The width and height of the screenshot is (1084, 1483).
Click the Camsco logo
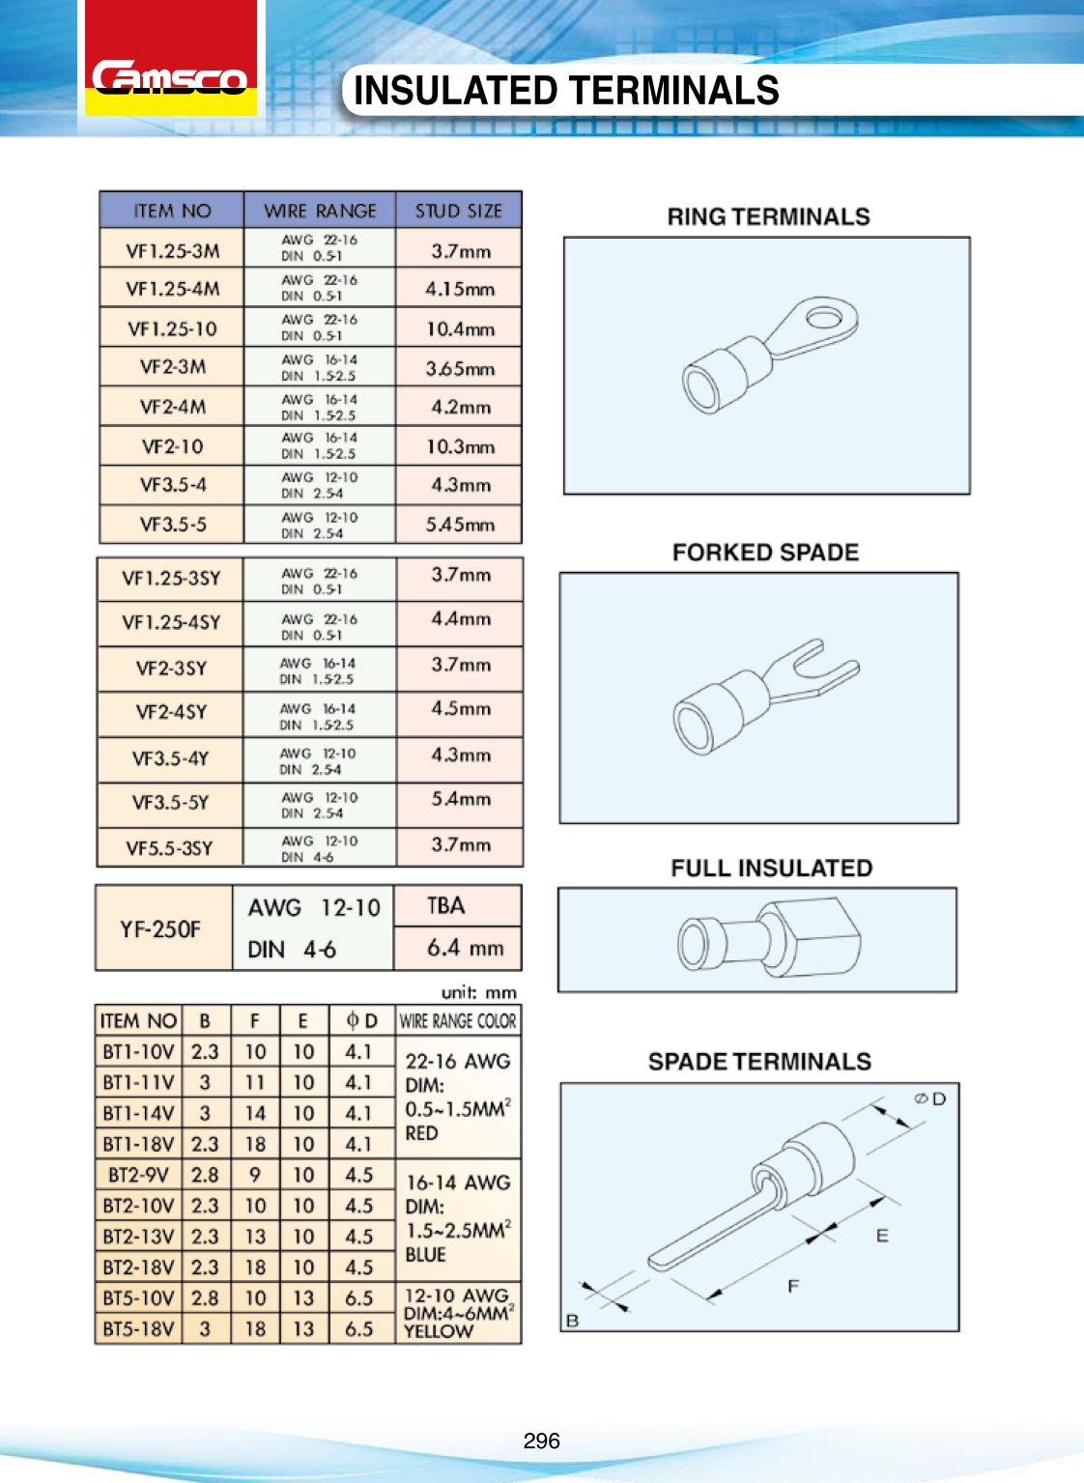click(x=170, y=77)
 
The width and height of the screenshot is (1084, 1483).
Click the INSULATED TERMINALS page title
click(x=566, y=91)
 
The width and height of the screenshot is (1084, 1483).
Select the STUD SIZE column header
click(x=459, y=211)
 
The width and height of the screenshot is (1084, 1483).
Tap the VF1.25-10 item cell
click(x=172, y=328)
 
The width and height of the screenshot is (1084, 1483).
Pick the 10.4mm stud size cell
click(x=460, y=328)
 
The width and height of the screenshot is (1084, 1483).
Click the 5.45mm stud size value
click(x=460, y=525)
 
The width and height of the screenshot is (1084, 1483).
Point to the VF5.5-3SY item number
click(x=169, y=848)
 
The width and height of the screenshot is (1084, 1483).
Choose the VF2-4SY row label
click(x=171, y=712)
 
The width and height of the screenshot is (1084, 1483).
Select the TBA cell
click(x=445, y=905)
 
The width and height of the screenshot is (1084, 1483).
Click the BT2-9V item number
click(x=138, y=1175)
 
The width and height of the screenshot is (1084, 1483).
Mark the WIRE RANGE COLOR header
click(x=458, y=1021)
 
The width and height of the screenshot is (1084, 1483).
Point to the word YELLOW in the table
click(x=439, y=1331)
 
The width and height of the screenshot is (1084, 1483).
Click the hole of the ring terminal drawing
click(x=823, y=317)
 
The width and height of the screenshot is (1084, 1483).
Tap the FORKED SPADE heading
click(x=765, y=553)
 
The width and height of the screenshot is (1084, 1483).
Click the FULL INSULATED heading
click(x=771, y=869)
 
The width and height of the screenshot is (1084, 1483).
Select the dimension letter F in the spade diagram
click(x=793, y=1286)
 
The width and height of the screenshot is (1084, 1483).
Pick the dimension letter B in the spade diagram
click(x=572, y=1321)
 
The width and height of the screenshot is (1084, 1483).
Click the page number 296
click(x=541, y=1440)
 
